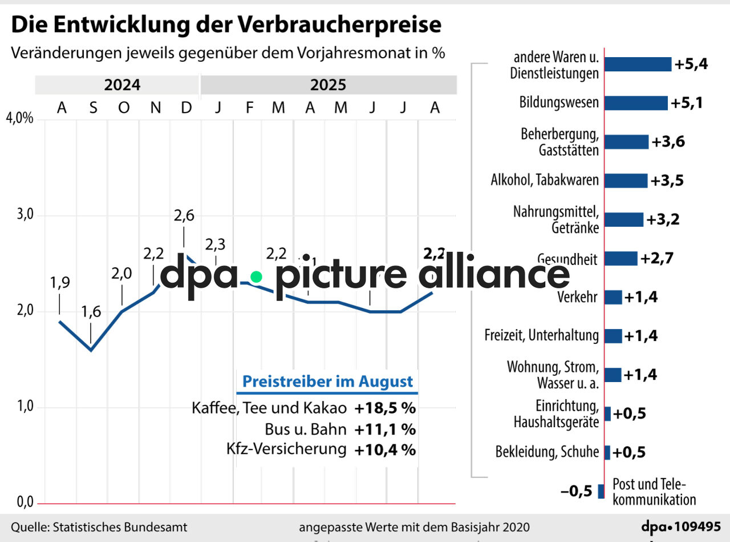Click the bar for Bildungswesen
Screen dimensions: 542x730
[x=635, y=103]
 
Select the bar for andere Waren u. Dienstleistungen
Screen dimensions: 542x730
[x=638, y=65]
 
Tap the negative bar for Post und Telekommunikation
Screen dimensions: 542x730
[x=601, y=491]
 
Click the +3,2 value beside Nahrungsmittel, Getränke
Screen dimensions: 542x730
[x=663, y=220]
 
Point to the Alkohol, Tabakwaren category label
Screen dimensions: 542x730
[x=545, y=180]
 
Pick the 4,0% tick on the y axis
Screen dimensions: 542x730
[x=20, y=119]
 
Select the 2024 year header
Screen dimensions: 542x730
[x=122, y=85]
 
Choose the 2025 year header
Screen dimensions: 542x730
[x=328, y=85]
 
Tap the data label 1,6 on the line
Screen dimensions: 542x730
[x=91, y=312]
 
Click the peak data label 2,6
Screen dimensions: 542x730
[x=184, y=215]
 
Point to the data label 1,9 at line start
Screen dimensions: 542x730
[x=60, y=283]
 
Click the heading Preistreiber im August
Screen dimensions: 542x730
[x=327, y=382]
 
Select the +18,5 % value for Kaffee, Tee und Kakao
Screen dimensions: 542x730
[x=385, y=409]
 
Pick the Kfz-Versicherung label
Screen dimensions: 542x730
[x=286, y=449]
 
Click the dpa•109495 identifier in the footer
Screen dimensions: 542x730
[x=681, y=527]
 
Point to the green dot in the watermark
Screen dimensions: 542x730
[x=256, y=276]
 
